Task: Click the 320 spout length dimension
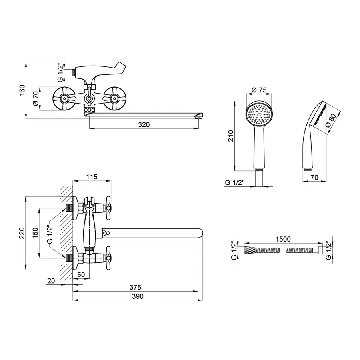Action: tap(144, 124)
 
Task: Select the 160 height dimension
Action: tap(22, 90)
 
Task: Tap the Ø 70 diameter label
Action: tap(35, 98)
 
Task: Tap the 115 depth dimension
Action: tap(92, 177)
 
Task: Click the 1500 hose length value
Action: tap(282, 239)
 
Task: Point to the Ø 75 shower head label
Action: tap(260, 90)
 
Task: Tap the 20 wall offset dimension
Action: tap(51, 281)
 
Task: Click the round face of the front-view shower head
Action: tap(259, 114)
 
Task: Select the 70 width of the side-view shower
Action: tap(314, 177)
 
